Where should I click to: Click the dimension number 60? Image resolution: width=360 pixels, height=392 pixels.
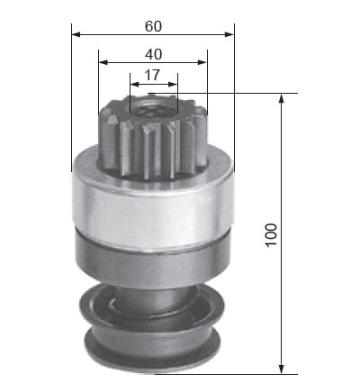(x=153, y=26)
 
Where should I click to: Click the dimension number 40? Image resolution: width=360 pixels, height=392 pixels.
(x=153, y=54)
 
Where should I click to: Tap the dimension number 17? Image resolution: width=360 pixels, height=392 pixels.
(x=152, y=76)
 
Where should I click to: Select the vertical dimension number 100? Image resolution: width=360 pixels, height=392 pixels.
(x=271, y=235)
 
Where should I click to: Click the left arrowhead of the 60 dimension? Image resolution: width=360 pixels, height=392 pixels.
(x=76, y=34)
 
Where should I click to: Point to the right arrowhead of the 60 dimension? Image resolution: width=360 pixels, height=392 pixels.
(x=229, y=34)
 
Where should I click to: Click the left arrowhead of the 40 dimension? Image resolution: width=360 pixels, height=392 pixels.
(x=103, y=62)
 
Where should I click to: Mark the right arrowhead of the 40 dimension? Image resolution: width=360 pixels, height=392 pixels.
(x=202, y=62)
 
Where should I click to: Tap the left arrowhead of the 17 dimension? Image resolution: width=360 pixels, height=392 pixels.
(x=135, y=85)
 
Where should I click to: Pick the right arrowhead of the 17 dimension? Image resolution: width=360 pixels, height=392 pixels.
(x=173, y=85)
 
